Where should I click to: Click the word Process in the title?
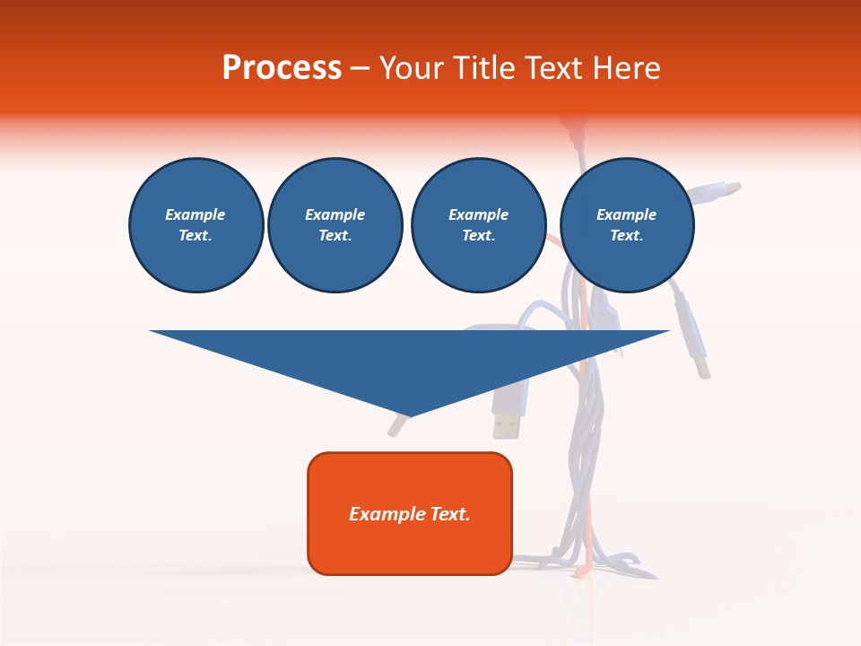click(x=282, y=67)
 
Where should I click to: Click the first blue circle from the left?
click(x=196, y=225)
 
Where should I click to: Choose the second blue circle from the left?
click(x=335, y=225)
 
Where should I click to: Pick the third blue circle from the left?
click(x=478, y=225)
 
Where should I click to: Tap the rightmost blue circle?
click(x=627, y=225)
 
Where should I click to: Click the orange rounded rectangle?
click(x=410, y=513)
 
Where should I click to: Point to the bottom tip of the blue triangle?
click(x=410, y=416)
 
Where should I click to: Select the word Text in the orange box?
click(x=448, y=514)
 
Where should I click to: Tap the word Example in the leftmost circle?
click(x=196, y=214)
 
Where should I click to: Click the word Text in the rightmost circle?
click(x=626, y=236)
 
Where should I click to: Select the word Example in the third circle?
click(x=478, y=214)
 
